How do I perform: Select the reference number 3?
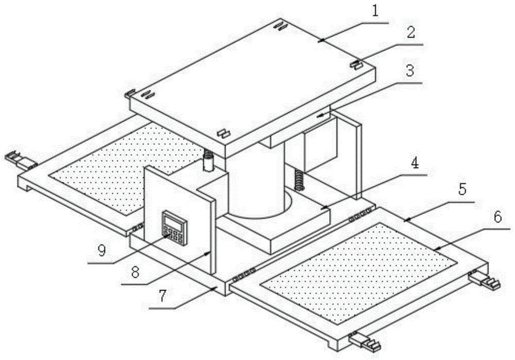[x=409, y=72]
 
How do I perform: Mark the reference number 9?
[x=101, y=251]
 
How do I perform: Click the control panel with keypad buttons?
[x=174, y=226]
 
